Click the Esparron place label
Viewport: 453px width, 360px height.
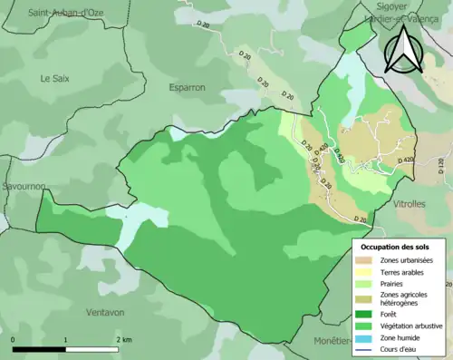point(188,88)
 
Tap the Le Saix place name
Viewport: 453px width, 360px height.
point(55,79)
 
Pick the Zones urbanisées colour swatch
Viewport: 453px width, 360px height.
point(366,261)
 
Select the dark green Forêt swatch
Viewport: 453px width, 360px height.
point(366,315)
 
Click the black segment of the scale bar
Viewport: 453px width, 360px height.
point(39,349)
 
